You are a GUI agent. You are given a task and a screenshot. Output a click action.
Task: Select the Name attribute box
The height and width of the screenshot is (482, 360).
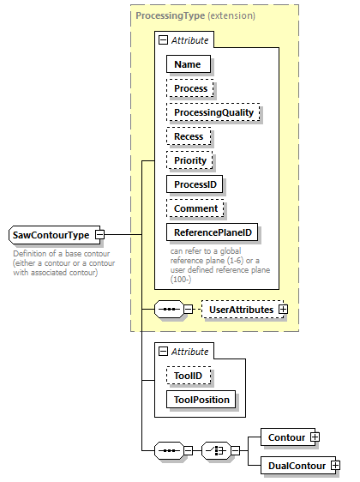coord(188,63)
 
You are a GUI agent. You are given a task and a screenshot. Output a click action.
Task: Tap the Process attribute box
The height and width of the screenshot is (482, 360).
coord(191,88)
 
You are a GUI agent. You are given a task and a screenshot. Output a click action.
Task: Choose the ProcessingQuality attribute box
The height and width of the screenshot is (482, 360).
coord(213,112)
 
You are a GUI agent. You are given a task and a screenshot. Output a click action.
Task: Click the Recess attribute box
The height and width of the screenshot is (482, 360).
coord(189,136)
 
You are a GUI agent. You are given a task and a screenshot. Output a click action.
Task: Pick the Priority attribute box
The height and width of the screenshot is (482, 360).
coord(190,160)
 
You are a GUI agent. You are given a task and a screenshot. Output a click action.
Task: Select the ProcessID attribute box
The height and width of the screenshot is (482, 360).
coord(198,184)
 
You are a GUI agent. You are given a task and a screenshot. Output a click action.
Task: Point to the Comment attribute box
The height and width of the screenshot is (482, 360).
coord(196,208)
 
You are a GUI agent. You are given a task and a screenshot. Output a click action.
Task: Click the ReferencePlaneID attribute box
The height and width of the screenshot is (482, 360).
coord(212,232)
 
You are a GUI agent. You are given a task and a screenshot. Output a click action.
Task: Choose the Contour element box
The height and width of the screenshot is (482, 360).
coord(285,437)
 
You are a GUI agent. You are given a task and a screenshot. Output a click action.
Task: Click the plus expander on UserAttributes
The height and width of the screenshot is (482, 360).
coord(283,309)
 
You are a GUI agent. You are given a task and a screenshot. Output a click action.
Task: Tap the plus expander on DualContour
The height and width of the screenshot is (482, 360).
coord(335,466)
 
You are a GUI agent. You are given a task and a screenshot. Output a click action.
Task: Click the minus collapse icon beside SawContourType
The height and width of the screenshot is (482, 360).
coord(99,234)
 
